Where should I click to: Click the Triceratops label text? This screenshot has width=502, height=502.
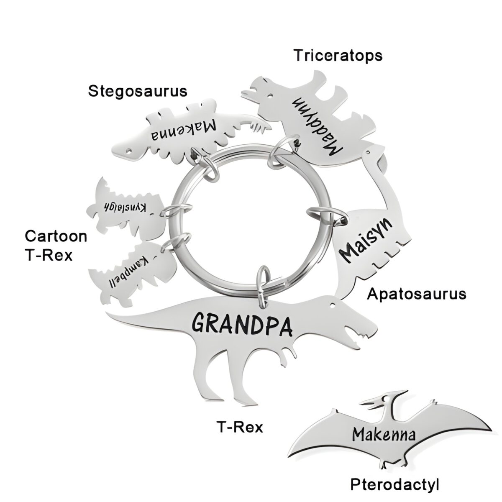338,55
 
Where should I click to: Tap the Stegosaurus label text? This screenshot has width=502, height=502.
138,91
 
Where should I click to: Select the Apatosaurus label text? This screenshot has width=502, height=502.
416,294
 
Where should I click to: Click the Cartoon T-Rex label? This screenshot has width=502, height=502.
56,245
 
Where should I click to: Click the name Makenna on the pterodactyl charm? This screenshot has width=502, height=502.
384,435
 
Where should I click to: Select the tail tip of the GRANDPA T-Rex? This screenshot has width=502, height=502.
110,313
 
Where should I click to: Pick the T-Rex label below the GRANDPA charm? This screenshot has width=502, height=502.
240,427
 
